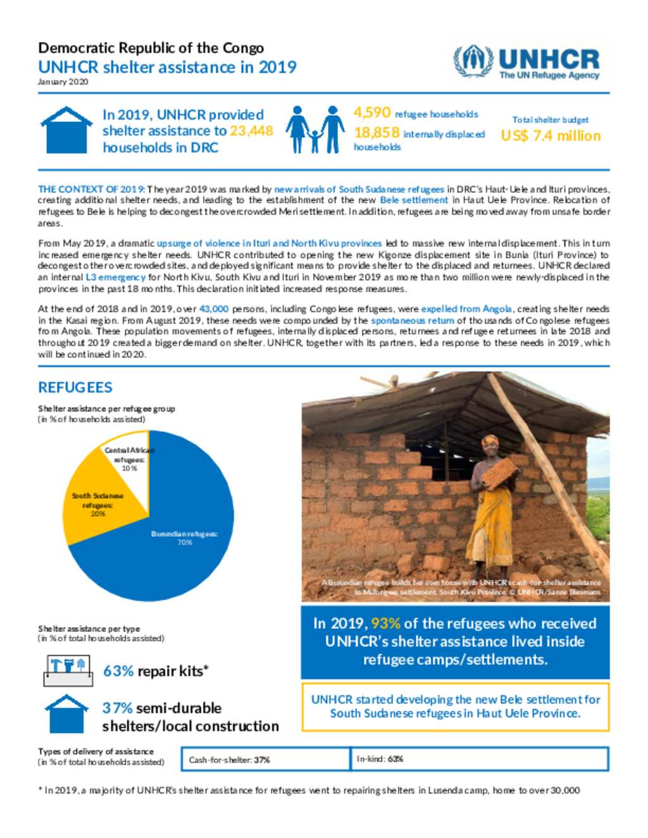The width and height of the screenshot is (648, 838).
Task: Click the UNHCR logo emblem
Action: tap(473, 61)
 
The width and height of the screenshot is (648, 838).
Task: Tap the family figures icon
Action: tap(315, 130)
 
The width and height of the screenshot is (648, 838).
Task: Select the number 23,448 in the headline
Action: tap(251, 131)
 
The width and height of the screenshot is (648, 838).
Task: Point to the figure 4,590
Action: tap(372, 113)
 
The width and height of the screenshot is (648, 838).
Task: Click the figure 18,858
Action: tap(377, 133)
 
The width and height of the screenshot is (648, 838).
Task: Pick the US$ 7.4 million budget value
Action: tap(551, 136)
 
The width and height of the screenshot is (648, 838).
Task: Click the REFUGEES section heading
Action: tap(75, 388)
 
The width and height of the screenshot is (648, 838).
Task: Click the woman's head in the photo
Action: tap(490, 443)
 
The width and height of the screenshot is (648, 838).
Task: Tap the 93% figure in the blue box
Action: tap(385, 624)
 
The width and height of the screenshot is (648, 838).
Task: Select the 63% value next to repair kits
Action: tap(118, 671)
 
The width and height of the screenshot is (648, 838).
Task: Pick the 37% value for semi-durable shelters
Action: tap(117, 708)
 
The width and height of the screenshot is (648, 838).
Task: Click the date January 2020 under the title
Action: tap(63, 82)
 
